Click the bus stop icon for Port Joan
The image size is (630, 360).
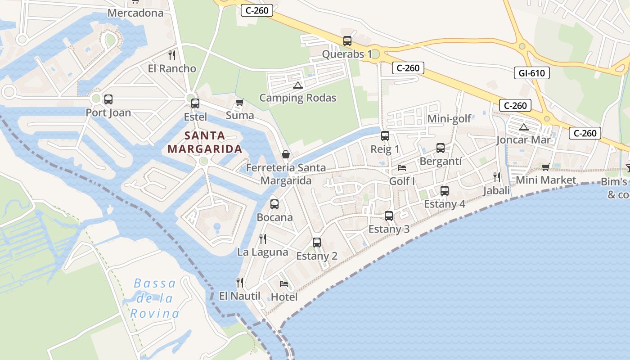coord(108,99)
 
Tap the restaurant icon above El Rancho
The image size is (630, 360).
coord(171,55)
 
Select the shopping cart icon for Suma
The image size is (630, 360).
coord(240,103)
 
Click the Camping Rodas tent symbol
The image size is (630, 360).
coord(297,85)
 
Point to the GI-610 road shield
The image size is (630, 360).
coord(531,73)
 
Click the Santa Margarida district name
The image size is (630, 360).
coord(205,142)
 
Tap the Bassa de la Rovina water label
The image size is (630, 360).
coord(155,298)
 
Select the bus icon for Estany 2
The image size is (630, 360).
coord(317,243)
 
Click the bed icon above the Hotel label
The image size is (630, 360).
coord(284,284)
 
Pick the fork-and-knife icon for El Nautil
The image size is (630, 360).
coord(240,283)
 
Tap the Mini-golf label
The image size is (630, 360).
coord(449,119)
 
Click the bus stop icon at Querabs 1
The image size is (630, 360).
coord(347,41)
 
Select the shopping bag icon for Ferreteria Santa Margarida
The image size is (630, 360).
coord(286,154)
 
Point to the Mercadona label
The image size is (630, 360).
coord(135,13)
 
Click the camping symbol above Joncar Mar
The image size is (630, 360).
coord(523,127)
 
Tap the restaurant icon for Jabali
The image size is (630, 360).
coord(497,177)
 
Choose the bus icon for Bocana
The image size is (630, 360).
coord(274,204)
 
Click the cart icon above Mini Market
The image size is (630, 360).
coord(546,167)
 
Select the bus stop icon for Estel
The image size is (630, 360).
coord(195,103)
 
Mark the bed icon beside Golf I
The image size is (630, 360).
coord(402,168)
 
